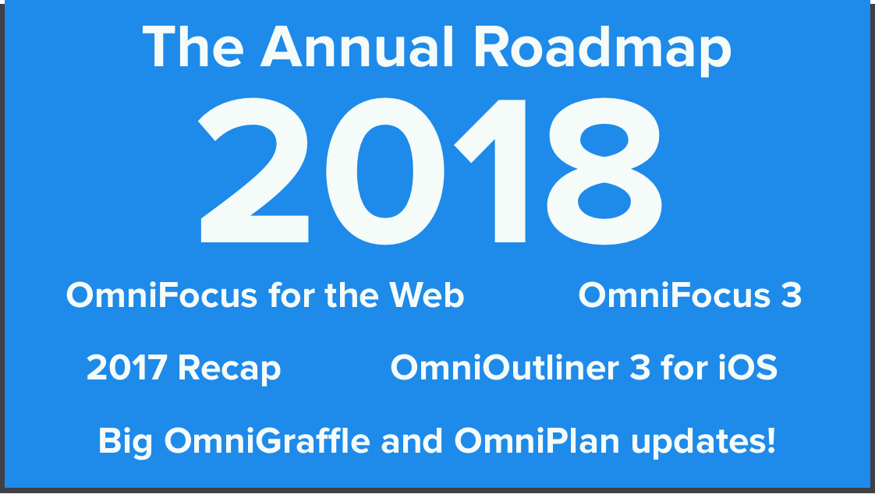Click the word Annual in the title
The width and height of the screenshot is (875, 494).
(x=356, y=48)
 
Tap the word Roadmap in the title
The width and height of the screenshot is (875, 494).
(x=602, y=50)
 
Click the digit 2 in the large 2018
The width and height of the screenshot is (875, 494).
(x=253, y=171)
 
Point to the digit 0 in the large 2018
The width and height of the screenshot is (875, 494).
(x=385, y=171)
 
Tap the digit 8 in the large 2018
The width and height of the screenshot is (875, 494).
(x=605, y=171)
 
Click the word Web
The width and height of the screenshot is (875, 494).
(x=427, y=295)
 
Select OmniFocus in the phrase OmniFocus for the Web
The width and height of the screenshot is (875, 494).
(x=161, y=295)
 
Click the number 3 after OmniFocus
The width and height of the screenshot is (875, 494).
(x=792, y=295)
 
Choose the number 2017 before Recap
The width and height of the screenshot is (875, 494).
(x=126, y=368)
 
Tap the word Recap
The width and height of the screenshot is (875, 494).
(x=229, y=369)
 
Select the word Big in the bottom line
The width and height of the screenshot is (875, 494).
(x=126, y=443)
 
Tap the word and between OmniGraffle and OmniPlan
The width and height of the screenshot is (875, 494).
(x=413, y=441)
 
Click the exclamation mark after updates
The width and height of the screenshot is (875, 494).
(x=770, y=440)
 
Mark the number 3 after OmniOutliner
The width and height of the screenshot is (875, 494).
(x=640, y=368)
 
